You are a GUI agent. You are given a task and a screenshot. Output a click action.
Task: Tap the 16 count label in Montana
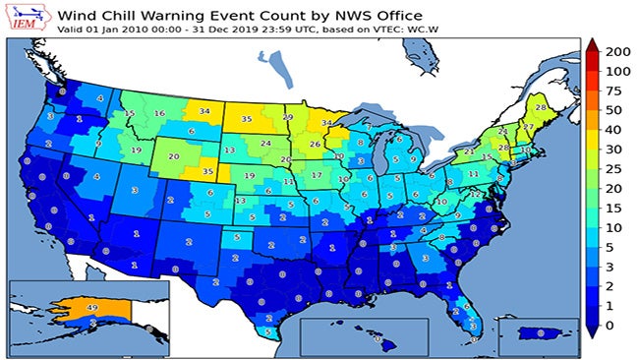pos(159,114)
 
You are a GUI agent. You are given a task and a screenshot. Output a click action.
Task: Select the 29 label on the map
pos(288,117)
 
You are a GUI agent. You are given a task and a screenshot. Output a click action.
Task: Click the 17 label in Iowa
pos(317,175)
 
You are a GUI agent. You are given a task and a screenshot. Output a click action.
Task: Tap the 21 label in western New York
pos(469,152)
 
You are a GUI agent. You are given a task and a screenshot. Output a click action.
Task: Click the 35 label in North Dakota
pos(247,119)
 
